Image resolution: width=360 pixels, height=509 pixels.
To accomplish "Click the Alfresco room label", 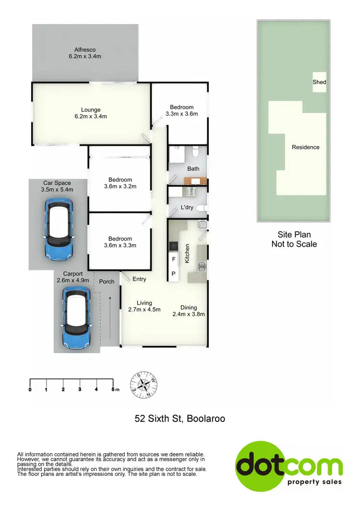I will (x=85, y=53).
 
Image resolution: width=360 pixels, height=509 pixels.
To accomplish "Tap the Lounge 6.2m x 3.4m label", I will (x=91, y=113).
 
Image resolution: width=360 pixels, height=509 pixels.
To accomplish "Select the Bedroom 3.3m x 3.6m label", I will (x=182, y=110).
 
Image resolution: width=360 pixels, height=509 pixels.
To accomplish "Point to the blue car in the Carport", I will (x=77, y=318).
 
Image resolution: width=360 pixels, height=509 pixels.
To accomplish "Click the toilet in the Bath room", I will (x=195, y=152).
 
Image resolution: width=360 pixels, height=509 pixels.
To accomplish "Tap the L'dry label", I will (x=186, y=207).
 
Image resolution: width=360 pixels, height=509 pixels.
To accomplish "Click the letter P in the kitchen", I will (x=174, y=274).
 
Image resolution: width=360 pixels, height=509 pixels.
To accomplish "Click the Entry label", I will (x=139, y=279).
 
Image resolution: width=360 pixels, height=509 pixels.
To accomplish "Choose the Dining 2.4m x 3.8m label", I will (x=189, y=311).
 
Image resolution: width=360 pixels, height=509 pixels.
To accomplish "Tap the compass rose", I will (x=144, y=384).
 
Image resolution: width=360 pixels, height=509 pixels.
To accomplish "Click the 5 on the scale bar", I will (x=113, y=389).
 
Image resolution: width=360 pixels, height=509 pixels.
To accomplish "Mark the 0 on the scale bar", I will (x=30, y=389).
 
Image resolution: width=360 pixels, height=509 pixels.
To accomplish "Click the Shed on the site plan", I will (x=319, y=83).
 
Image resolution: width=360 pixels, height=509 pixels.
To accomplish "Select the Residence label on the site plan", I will (x=305, y=147).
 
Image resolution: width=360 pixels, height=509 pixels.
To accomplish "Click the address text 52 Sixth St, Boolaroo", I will (x=180, y=419).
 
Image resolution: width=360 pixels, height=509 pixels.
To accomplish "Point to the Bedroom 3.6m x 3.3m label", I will (x=120, y=242).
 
